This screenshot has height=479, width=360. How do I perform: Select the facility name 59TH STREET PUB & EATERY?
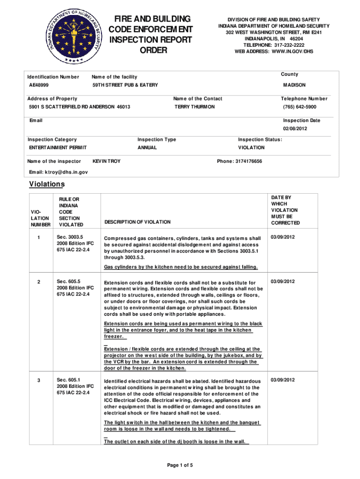tap(125, 85)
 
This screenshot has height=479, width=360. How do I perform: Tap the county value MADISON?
tap(294, 85)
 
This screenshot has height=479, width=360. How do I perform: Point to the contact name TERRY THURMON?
tap(194, 107)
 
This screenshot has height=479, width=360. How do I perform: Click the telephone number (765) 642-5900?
tap(300, 107)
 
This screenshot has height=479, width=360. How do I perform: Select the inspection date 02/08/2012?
tap(295, 129)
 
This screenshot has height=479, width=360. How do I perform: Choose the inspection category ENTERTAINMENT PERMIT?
tap(57, 147)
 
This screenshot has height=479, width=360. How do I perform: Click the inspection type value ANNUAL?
tap(147, 147)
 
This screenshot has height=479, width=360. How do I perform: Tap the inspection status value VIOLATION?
tap(251, 147)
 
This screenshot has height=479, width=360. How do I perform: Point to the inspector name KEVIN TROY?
tap(106, 161)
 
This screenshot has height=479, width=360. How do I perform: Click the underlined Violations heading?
tap(47, 184)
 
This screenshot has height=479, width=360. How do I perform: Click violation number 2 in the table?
tap(39, 281)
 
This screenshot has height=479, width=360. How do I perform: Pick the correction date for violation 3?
tap(282, 379)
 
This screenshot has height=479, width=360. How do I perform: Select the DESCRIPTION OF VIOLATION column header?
tap(137, 222)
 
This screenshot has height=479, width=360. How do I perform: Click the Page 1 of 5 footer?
tap(180, 465)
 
